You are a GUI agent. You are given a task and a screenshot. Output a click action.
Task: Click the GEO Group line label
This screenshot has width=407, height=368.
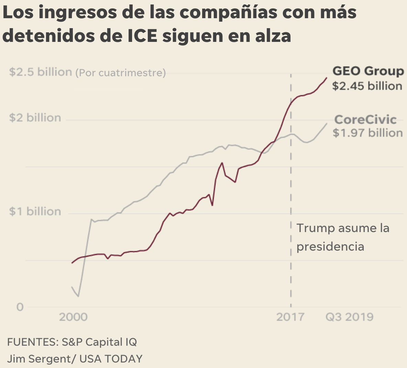coord(368,71)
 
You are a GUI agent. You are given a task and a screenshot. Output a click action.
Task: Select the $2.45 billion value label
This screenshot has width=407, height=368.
coord(367,86)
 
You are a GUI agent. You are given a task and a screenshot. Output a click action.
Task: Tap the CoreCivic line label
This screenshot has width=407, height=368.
coord(365,119)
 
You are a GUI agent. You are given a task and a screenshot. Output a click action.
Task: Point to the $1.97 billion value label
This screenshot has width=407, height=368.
coord(367,133)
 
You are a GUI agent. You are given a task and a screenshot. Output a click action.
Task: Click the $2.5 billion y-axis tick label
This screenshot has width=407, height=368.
coord(40,72)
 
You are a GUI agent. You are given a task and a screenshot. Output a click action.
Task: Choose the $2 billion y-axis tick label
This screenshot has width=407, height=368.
coord(35,118)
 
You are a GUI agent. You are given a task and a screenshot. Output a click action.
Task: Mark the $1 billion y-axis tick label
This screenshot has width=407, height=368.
coord(35,211)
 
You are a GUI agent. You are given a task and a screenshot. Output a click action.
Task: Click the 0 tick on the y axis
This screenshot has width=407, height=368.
coord(20,307)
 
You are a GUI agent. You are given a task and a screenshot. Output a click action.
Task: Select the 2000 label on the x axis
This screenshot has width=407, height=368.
coord(73,317)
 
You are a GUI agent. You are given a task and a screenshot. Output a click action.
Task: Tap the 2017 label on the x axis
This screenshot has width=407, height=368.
coord(290,317)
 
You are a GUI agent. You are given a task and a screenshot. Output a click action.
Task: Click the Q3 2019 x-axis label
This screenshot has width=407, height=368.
coord(349,317)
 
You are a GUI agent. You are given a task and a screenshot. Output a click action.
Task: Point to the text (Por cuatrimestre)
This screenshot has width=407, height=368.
coord(120,73)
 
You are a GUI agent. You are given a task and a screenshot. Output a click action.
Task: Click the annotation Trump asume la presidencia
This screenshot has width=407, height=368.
coord(342,237)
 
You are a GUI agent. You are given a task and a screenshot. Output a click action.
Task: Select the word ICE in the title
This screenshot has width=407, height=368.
coord(142,36)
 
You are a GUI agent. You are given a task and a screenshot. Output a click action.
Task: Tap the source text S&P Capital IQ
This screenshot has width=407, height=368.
coord(99,342)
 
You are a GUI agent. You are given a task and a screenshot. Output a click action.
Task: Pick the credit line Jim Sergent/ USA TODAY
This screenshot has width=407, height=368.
coord(75,359)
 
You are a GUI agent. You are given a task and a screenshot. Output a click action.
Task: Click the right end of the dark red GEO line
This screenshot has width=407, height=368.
coord(326,78)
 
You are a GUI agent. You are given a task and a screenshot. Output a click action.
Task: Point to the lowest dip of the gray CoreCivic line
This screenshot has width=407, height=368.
coord(78,296)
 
